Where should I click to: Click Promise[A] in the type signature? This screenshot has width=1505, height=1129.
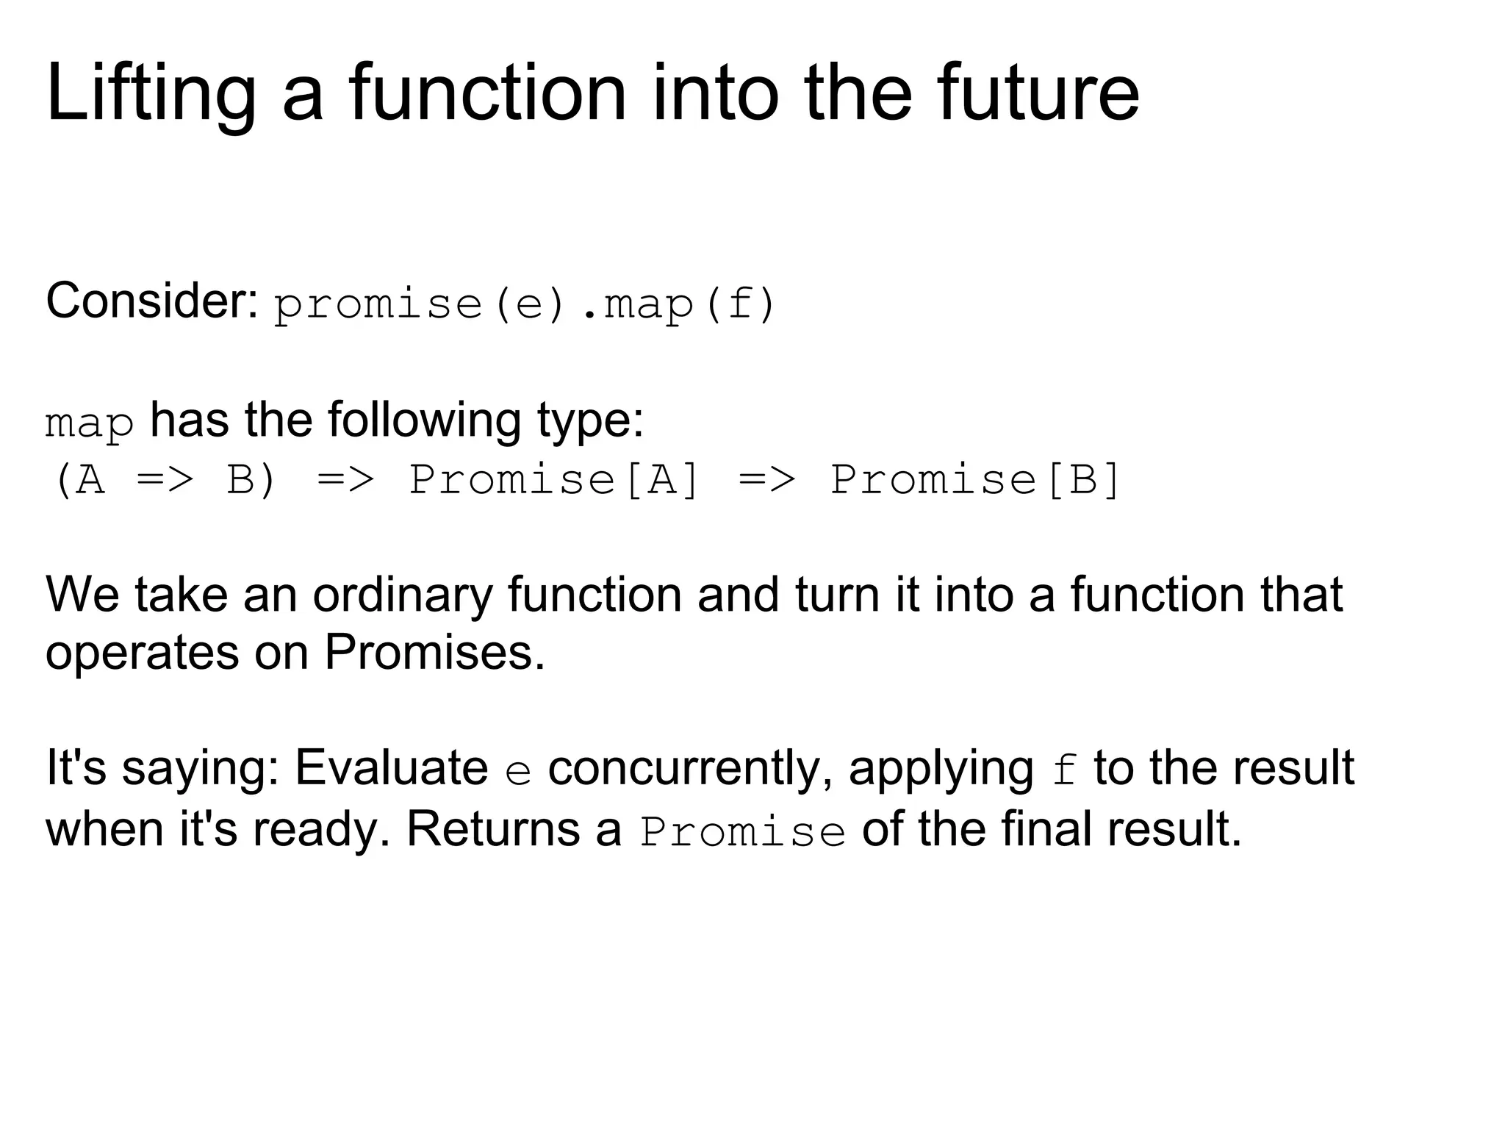[554, 480]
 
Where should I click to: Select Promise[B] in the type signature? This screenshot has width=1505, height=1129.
[975, 480]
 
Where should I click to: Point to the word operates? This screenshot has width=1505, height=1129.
[142, 653]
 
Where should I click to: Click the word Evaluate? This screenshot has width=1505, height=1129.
[392, 768]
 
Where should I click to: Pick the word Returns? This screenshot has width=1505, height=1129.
[493, 828]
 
